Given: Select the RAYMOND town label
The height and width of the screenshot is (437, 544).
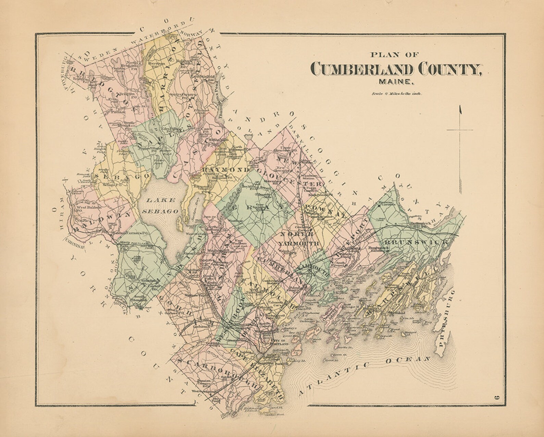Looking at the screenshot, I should click(x=225, y=170).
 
